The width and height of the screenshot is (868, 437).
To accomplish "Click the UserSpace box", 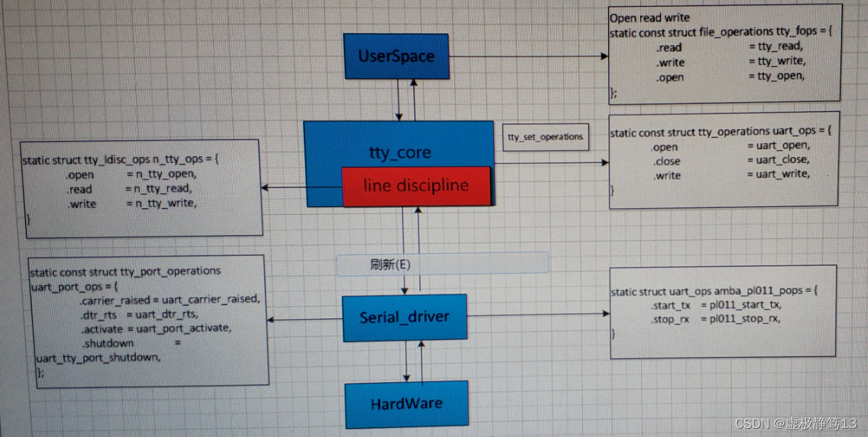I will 397,55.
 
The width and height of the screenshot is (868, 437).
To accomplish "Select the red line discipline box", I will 416,186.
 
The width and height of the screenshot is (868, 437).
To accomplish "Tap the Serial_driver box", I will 404,318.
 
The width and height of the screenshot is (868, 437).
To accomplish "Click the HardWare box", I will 406,404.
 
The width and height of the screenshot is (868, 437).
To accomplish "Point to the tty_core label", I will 399,153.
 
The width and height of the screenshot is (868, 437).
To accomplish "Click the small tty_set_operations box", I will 546,137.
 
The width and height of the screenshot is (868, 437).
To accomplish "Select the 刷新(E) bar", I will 442,264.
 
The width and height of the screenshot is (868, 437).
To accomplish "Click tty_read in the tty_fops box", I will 779,46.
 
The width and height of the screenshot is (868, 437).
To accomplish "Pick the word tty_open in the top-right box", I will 781,76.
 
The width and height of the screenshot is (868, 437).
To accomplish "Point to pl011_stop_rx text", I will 740,319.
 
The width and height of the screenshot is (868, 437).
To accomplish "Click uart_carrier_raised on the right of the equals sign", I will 210,299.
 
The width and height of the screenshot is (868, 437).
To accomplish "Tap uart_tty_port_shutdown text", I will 98,358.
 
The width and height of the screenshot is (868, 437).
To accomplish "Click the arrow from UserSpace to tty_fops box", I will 527,57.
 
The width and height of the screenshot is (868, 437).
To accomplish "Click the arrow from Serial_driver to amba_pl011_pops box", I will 537,314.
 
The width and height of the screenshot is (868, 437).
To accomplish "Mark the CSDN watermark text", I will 795,423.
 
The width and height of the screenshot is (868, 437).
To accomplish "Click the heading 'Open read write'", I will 649,18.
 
